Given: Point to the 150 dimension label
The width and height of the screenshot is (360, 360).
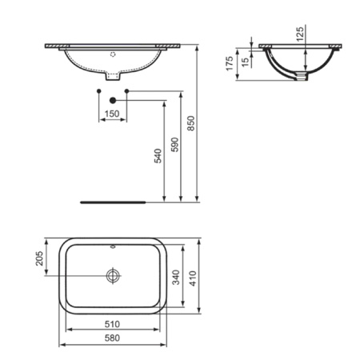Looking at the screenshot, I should pos(112,114).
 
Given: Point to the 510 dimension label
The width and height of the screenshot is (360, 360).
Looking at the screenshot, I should pos(114,324).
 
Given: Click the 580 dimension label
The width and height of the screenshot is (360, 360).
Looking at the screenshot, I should pos(114,340).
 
